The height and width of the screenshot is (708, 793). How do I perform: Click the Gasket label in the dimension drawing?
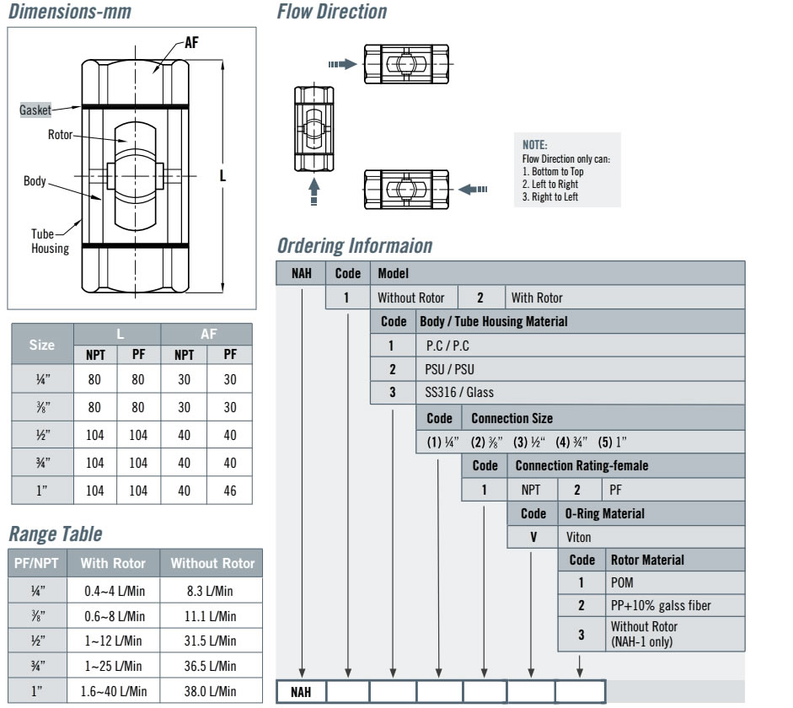(x=35, y=110)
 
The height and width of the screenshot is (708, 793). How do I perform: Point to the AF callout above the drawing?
(x=191, y=43)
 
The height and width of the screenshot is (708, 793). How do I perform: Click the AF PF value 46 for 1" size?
(x=230, y=491)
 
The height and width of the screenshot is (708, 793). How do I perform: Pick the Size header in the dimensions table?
(x=42, y=345)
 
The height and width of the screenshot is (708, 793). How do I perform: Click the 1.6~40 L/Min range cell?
(x=115, y=691)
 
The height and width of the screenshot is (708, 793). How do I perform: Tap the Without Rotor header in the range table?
(x=212, y=563)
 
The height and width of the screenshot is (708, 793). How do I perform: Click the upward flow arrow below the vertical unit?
(x=313, y=189)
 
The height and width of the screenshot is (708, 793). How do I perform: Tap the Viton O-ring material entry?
(x=579, y=536)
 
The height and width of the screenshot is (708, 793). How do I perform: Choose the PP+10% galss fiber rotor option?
(x=661, y=605)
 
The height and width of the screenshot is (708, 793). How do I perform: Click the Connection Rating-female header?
(x=581, y=465)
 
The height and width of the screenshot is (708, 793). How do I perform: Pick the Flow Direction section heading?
(x=332, y=13)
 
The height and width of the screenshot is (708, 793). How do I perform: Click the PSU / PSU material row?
(x=450, y=369)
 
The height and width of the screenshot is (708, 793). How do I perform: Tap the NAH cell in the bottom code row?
(x=301, y=693)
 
